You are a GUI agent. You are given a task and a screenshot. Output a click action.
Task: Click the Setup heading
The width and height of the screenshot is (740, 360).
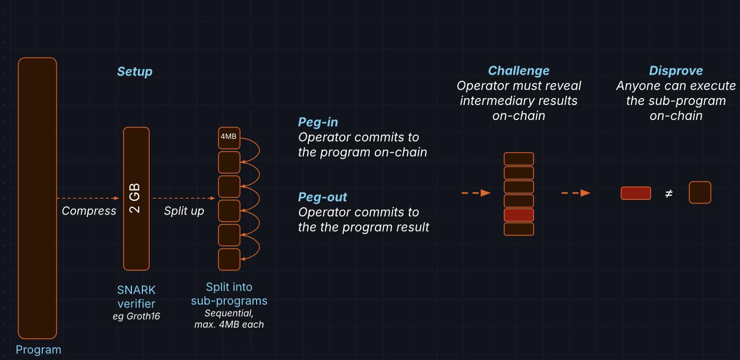point(135,71)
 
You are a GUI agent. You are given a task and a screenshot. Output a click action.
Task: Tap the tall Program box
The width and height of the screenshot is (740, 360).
point(38,198)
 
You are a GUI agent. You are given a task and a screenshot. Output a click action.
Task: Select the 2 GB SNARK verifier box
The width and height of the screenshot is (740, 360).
point(136,198)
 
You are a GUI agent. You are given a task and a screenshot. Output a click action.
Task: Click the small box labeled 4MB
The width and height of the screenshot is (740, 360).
point(229,137)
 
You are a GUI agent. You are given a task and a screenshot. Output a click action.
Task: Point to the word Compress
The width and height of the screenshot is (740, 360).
point(89,211)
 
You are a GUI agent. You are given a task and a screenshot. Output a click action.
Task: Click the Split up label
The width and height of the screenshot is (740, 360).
point(184,211)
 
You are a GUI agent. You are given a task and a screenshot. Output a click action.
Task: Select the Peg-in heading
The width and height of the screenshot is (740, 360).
point(318,122)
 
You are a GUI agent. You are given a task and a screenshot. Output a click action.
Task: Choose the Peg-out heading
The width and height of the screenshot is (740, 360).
point(322,197)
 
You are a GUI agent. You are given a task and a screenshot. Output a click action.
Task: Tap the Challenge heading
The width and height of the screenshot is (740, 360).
point(518,70)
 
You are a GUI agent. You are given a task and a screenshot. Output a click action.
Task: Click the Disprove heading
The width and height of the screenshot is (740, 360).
point(676,70)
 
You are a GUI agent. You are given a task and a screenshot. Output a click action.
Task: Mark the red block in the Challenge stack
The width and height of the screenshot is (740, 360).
point(519,215)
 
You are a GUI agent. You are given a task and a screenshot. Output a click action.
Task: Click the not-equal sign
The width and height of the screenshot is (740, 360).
point(669,194)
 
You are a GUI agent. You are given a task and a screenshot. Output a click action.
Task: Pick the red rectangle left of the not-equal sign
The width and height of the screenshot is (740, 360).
point(636,193)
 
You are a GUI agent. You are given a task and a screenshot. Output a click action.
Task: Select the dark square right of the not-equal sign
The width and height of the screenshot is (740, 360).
point(700,193)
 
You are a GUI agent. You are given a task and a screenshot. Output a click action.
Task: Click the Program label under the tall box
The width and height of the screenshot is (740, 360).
point(38,350)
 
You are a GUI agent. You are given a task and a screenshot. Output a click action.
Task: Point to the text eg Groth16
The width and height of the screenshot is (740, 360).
point(136,316)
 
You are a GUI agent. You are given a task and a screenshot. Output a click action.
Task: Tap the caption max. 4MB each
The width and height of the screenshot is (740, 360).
point(229,325)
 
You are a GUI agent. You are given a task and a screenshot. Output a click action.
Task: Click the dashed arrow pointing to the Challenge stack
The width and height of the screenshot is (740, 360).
point(476,193)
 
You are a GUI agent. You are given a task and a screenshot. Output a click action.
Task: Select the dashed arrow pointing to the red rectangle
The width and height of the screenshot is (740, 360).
point(576,193)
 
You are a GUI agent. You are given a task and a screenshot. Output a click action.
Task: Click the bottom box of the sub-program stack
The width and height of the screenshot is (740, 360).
point(229,259)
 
